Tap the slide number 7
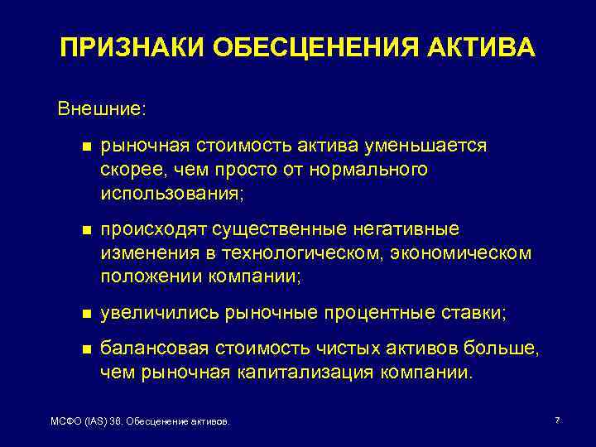click(x=557, y=421)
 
